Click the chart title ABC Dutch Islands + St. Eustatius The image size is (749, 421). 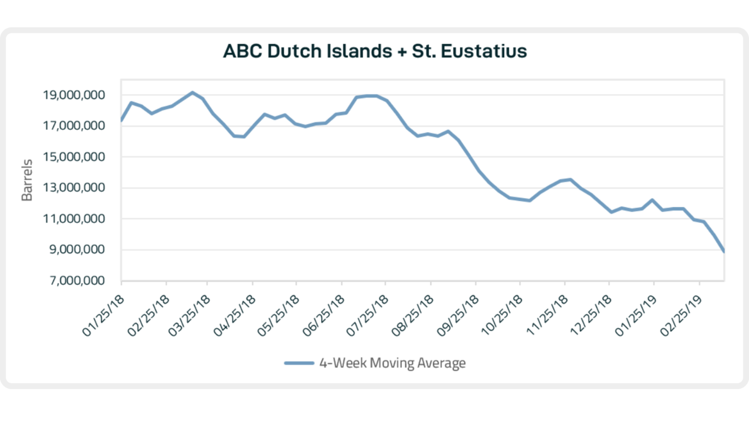(x=375, y=51)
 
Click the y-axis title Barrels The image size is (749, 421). (x=27, y=180)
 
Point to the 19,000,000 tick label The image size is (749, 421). (x=73, y=95)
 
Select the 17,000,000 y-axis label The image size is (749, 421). (x=73, y=126)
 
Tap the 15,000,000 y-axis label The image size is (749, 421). (x=73, y=157)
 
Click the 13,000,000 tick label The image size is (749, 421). (x=73, y=188)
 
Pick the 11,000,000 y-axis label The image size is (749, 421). (x=73, y=218)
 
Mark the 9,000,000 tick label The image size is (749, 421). (x=77, y=249)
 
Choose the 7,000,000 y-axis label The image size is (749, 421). (x=77, y=280)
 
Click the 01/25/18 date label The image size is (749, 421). (x=103, y=316)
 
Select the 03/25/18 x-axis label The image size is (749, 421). (x=189, y=316)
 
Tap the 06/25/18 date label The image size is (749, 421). (x=324, y=316)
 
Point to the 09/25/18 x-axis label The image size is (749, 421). (x=458, y=316)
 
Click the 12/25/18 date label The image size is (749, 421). (x=591, y=316)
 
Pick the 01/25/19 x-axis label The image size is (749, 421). (x=636, y=316)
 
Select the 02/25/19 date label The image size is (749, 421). (x=681, y=316)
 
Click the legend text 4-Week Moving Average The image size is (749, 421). (x=392, y=363)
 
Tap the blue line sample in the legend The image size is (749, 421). (x=299, y=363)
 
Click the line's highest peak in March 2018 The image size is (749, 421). (x=192, y=93)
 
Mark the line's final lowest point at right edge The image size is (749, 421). (x=724, y=251)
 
